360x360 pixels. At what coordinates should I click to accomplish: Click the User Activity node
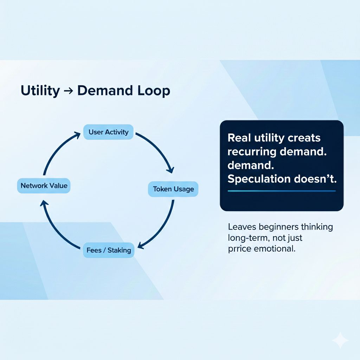[108, 132]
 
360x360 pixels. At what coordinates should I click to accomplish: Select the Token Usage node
[173, 189]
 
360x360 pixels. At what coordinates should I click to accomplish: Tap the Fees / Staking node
[109, 250]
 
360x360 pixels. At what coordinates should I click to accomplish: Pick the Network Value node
[44, 186]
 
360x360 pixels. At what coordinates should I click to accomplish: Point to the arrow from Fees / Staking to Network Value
[56, 229]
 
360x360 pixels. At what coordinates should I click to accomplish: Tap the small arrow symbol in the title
[68, 91]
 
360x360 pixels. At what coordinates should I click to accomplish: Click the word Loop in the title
[153, 91]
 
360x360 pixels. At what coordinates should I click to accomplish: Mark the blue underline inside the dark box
[282, 191]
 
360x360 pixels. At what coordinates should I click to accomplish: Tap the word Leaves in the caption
[242, 227]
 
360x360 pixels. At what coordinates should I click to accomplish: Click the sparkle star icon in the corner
[340, 340]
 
